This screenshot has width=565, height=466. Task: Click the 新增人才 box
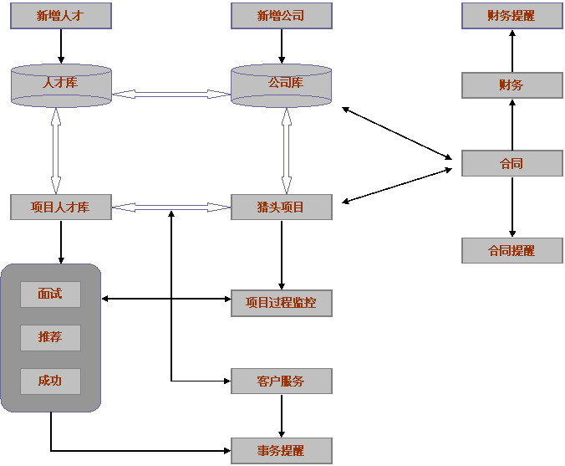click(60, 16)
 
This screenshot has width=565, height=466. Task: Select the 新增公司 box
click(281, 16)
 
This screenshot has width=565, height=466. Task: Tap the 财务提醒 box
click(512, 16)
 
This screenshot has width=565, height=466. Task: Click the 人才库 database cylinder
click(60, 85)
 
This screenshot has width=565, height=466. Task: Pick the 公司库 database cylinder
click(281, 85)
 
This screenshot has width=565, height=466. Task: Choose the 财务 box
click(512, 85)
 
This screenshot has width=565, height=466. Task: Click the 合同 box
click(512, 164)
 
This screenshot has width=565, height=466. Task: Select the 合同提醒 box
click(512, 250)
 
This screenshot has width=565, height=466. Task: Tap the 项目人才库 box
click(60, 207)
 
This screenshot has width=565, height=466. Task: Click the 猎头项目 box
click(281, 207)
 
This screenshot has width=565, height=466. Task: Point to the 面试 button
click(50, 294)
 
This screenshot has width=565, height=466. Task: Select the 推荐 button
click(50, 338)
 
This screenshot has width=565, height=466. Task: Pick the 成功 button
click(50, 382)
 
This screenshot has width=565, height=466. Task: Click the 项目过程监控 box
click(281, 304)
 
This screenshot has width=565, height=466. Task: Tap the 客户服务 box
click(281, 382)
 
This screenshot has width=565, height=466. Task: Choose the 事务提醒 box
click(281, 451)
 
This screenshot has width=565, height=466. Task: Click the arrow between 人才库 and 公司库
click(171, 95)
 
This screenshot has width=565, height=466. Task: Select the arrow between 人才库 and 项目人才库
click(56, 151)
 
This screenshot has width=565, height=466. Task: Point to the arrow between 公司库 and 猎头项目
click(287, 151)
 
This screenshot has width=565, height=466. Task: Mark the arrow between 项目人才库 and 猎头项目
click(171, 207)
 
